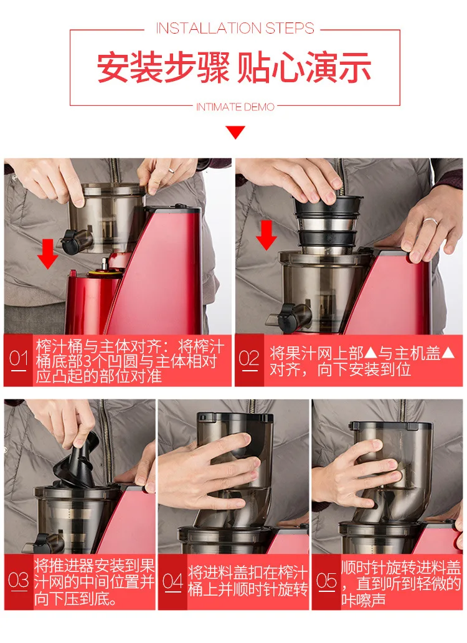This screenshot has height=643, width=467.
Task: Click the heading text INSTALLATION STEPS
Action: click(x=235, y=28)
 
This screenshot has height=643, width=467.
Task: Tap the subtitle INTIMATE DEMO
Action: click(x=235, y=107)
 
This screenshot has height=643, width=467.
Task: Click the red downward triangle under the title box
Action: click(x=235, y=132)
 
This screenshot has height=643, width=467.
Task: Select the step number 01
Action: click(x=19, y=359)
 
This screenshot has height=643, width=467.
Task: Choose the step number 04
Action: click(x=172, y=581)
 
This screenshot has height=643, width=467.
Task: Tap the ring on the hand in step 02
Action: click(x=430, y=221)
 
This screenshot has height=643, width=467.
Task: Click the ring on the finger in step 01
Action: click(x=172, y=171)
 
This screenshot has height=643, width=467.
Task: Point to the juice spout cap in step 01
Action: click(x=72, y=242)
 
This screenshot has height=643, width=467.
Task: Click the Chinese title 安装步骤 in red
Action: click(x=163, y=68)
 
